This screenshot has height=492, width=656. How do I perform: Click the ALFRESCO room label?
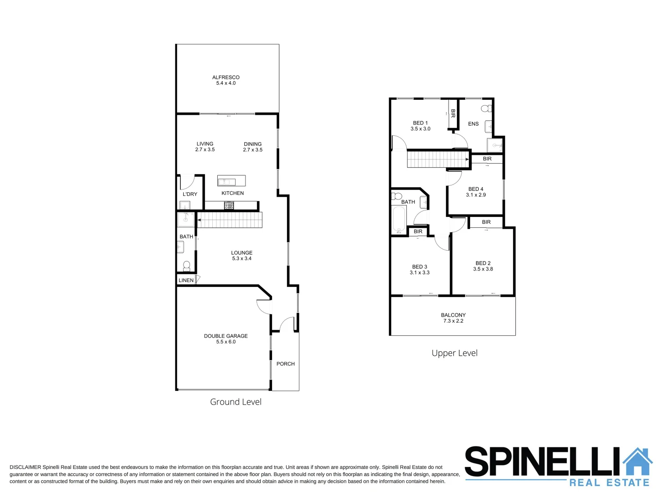point(225,77)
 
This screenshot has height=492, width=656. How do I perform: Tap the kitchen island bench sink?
point(226,182)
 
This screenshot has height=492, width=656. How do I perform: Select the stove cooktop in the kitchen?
point(229,205)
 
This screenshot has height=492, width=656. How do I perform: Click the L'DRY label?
point(190,194)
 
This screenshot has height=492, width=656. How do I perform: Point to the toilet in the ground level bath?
point(186,265)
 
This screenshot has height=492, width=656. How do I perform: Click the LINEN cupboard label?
point(186,280)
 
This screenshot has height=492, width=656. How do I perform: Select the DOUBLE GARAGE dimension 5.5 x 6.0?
point(225,342)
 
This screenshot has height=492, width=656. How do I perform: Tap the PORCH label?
point(286,364)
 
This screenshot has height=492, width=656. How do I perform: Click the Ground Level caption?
point(236,402)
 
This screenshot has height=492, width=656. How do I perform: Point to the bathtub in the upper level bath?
point(399,220)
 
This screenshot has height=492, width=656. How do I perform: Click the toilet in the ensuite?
point(487,108)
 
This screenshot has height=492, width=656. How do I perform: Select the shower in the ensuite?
point(495,145)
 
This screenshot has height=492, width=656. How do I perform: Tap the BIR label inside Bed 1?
point(453,113)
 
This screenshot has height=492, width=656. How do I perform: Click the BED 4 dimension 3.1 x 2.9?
point(476,195)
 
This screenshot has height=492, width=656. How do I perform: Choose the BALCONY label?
point(453,315)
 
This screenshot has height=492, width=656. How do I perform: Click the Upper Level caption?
point(454,353)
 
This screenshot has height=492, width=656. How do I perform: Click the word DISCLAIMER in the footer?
point(25,467)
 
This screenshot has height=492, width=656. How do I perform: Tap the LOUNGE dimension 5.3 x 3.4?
point(241,258)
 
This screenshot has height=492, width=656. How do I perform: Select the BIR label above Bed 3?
point(418,231)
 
